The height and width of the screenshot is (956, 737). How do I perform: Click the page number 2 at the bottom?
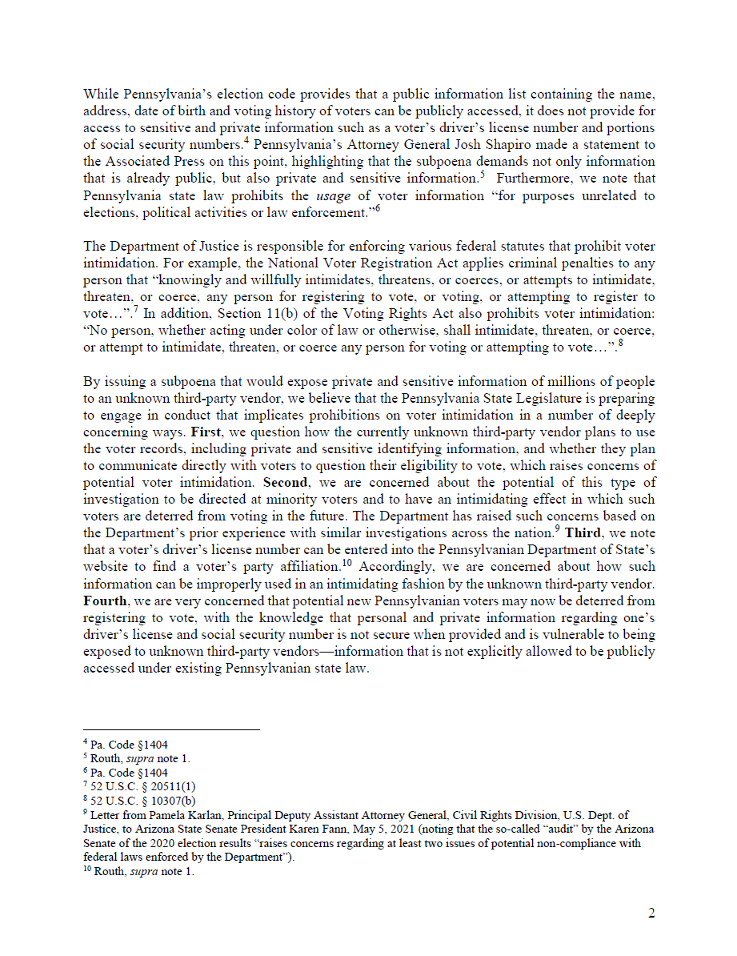(x=651, y=914)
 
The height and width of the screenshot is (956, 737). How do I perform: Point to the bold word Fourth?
(x=105, y=601)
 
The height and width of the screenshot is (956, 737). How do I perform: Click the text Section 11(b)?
(x=209, y=331)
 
